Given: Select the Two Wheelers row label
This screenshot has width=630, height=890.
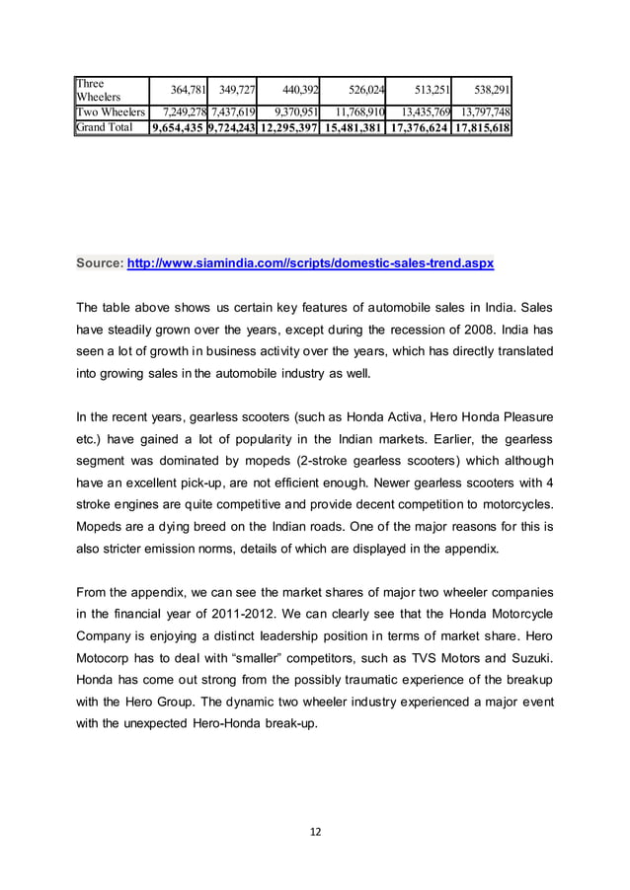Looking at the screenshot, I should (110, 112).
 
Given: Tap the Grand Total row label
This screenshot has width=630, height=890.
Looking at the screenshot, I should (105, 128).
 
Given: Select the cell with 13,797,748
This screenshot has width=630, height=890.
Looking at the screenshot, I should (482, 112).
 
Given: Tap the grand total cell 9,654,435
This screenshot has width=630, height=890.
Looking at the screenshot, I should (178, 128).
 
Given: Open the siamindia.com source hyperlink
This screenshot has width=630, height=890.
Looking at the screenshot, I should (311, 265).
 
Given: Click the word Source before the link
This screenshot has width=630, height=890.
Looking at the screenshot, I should (100, 265).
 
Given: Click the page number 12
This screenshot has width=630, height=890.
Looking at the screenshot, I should (315, 833).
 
